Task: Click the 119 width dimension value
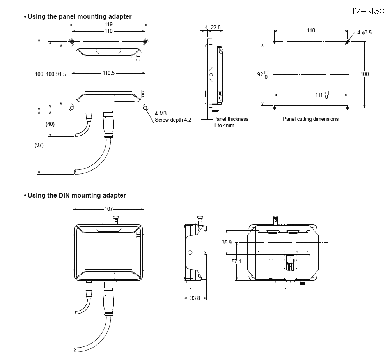(x=108, y=24)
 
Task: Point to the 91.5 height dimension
(x=61, y=74)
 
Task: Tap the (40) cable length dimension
(x=50, y=124)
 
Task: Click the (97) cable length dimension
(x=39, y=145)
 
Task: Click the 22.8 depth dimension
(x=215, y=27)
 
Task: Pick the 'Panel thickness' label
(x=231, y=119)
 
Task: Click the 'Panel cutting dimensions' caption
(x=310, y=119)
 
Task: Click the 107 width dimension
(x=108, y=209)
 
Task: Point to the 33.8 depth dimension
(x=195, y=298)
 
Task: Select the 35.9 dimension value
(x=227, y=242)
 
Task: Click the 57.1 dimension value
(x=236, y=261)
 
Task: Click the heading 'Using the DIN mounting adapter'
(x=76, y=195)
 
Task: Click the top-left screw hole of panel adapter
(x=72, y=42)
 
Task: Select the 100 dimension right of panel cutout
(x=365, y=74)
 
